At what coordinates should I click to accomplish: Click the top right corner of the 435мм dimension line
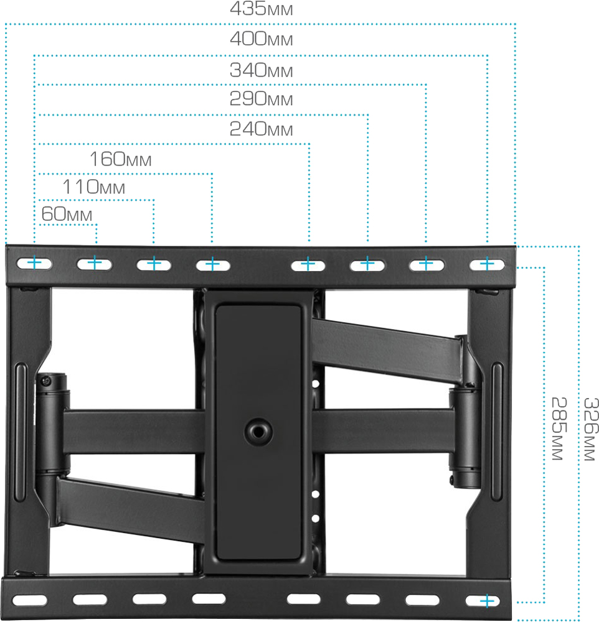(x=515, y=24)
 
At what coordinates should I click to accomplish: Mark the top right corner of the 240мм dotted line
(x=309, y=144)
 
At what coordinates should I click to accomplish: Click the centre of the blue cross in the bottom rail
(x=486, y=601)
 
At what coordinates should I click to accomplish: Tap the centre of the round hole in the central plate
(x=258, y=432)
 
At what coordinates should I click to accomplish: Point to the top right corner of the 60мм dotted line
(x=96, y=225)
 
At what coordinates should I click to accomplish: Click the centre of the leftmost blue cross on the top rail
(x=35, y=262)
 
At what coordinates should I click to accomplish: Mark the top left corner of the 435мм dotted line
(x=6, y=24)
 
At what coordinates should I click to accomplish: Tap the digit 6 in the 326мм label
(x=591, y=429)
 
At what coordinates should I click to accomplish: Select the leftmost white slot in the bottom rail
(x=30, y=600)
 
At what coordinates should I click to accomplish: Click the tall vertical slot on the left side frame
(x=21, y=432)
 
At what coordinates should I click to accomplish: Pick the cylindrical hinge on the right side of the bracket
(x=465, y=438)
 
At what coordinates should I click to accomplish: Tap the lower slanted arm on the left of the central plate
(x=131, y=509)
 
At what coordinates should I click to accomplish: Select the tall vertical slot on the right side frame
(x=497, y=431)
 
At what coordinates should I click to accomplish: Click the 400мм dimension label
(x=262, y=39)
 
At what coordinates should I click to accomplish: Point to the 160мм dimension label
(x=120, y=159)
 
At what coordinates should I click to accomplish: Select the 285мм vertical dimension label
(x=559, y=429)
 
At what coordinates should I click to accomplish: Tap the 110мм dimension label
(x=94, y=187)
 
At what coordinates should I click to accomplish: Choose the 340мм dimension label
(x=262, y=70)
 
